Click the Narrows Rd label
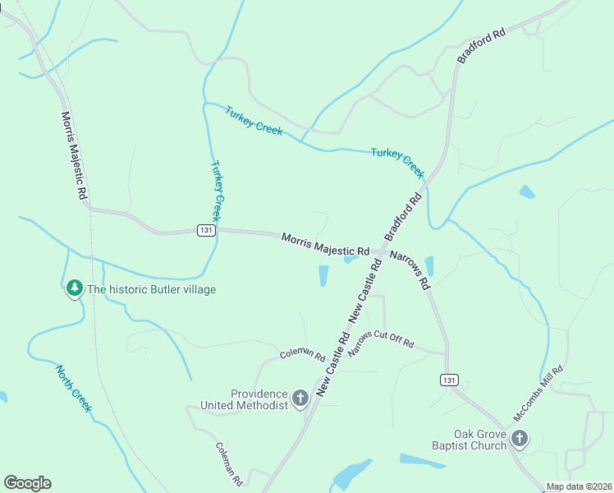click(x=410, y=270)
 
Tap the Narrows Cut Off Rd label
click(x=382, y=340)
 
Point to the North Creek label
click(x=74, y=389)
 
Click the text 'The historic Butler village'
click(x=151, y=289)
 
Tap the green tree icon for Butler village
click(x=75, y=288)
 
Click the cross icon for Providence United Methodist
click(x=300, y=399)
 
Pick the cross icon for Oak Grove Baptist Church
click(x=519, y=439)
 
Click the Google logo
click(x=27, y=483)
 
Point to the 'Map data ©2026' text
click(x=580, y=486)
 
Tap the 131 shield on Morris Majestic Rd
click(x=206, y=231)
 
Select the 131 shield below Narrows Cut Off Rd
click(x=448, y=380)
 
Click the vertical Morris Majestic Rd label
click(x=73, y=157)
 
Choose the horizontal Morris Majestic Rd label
click(x=325, y=244)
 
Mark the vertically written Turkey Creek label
click(x=217, y=191)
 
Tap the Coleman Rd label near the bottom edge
click(x=230, y=463)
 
